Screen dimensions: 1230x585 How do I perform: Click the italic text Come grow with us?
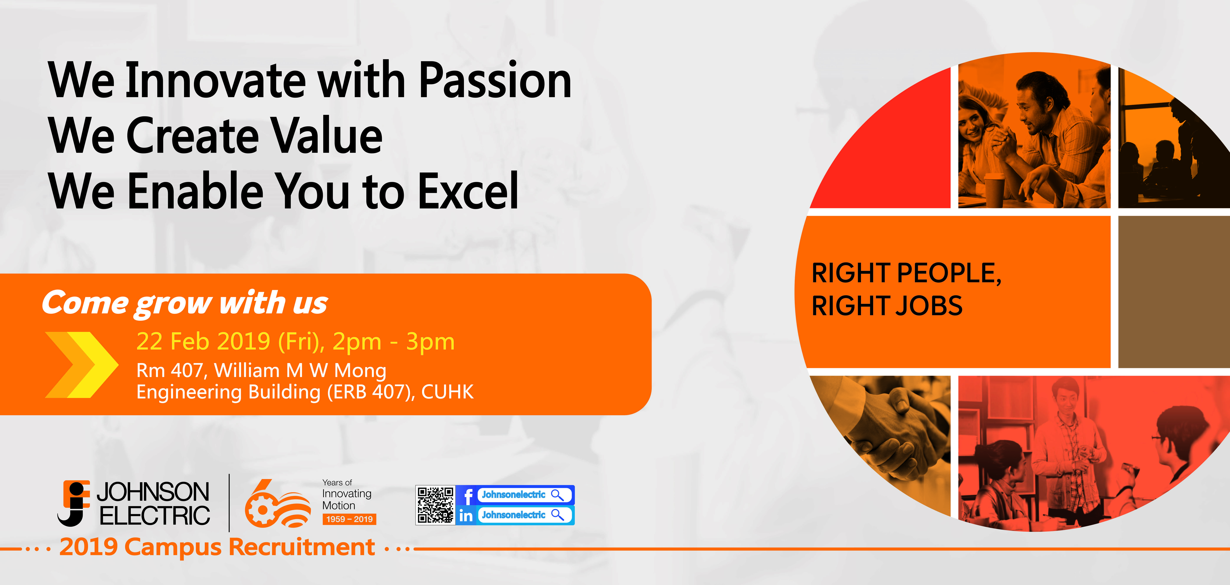point(184,303)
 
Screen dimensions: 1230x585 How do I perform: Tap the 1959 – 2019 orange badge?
point(350,519)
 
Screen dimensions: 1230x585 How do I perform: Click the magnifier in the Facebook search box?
point(557,495)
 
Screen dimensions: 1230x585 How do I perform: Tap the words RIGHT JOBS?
point(887,306)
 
